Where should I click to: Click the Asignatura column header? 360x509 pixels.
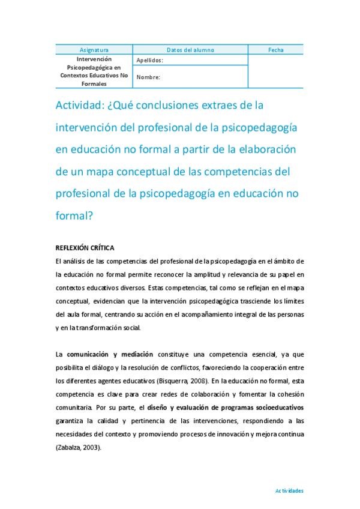point(94,50)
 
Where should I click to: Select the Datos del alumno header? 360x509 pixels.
point(190,50)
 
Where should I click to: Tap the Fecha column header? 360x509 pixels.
point(277,50)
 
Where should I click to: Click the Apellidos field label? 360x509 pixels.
point(149,61)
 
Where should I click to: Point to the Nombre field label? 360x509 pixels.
point(148,77)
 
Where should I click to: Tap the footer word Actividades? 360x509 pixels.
point(289,490)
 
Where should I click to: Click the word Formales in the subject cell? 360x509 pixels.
point(94,84)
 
